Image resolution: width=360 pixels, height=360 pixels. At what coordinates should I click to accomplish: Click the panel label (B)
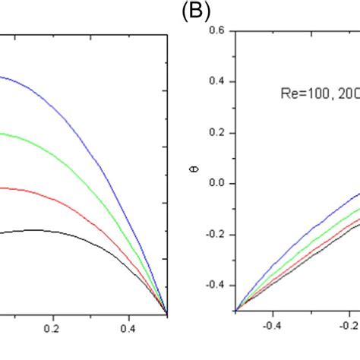tap(196, 11)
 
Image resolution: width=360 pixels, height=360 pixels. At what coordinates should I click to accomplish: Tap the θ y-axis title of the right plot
tap(196, 183)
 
